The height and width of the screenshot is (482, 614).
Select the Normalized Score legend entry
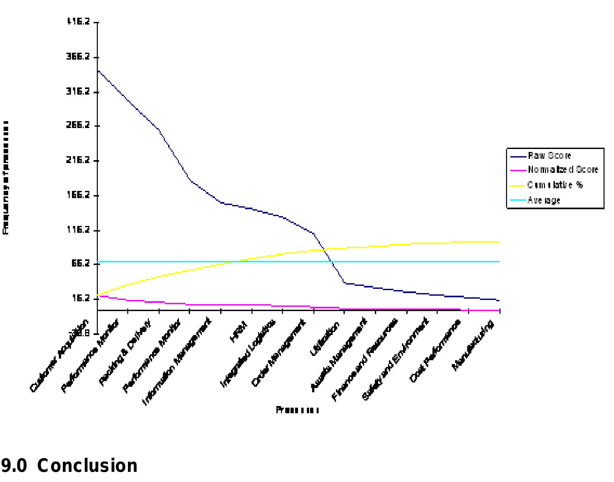click(x=562, y=170)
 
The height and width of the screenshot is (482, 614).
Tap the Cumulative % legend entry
click(x=555, y=185)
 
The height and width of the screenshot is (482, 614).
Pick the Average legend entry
click(x=544, y=200)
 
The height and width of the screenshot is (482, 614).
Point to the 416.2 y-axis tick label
click(x=78, y=22)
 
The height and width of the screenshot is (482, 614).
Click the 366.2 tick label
click(x=78, y=57)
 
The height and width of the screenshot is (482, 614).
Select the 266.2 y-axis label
click(x=78, y=125)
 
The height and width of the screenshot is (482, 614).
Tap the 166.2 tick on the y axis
click(x=78, y=195)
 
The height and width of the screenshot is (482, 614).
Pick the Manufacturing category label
click(x=473, y=346)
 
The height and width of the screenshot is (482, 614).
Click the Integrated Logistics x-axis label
click(x=249, y=354)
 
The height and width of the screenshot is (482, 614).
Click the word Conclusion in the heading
click(x=87, y=466)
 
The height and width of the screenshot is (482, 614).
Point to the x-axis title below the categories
click(x=297, y=410)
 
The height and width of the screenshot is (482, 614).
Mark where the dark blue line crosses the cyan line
click(x=331, y=262)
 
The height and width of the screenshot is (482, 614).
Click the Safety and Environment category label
click(x=396, y=359)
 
